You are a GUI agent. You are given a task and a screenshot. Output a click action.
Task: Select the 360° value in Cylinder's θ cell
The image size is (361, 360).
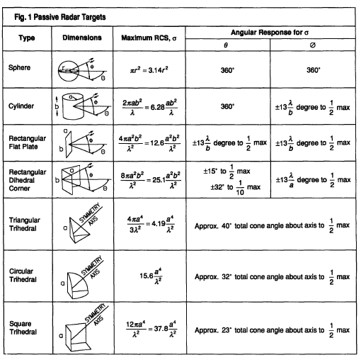click(228, 106)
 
